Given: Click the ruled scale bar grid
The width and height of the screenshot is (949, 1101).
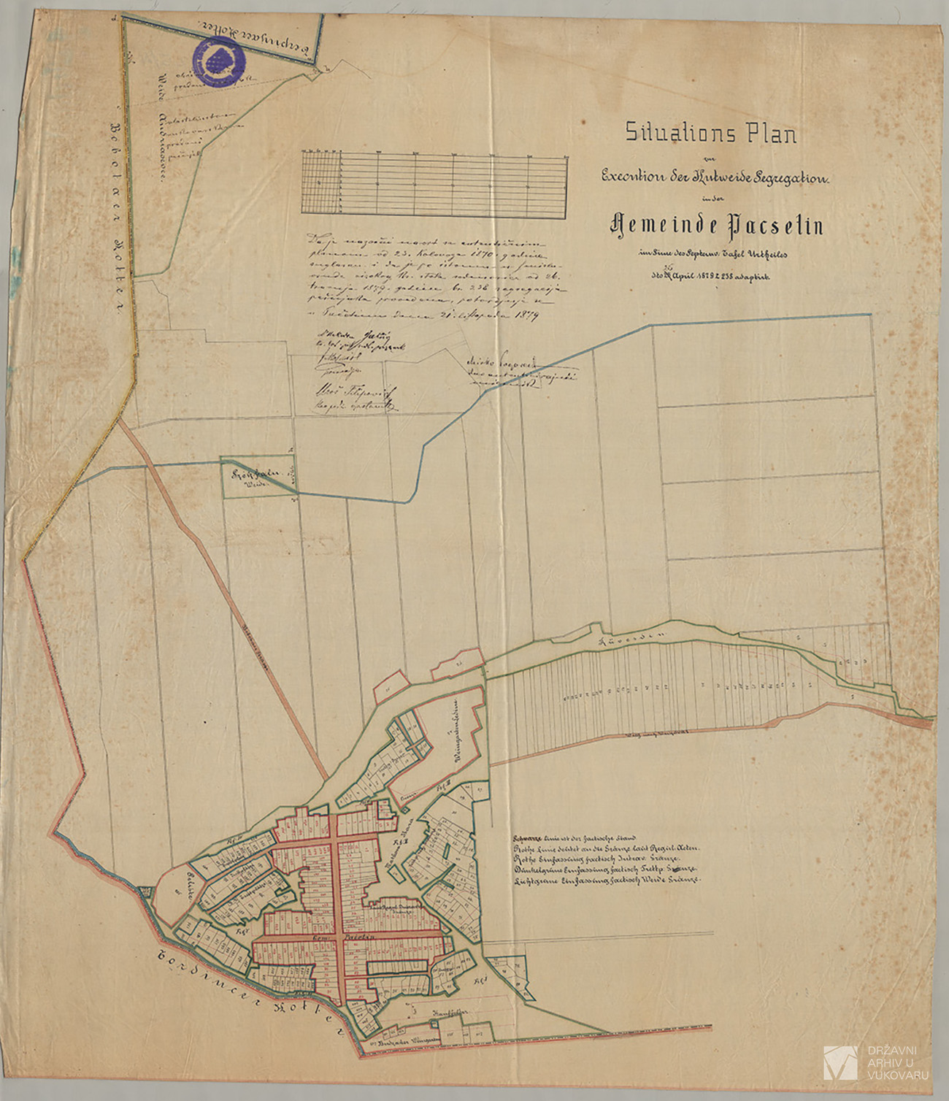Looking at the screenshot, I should pos(434,183).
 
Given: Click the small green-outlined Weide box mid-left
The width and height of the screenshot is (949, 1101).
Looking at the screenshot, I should pos(259,478).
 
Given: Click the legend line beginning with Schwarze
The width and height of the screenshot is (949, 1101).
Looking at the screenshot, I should pos(577,838).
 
